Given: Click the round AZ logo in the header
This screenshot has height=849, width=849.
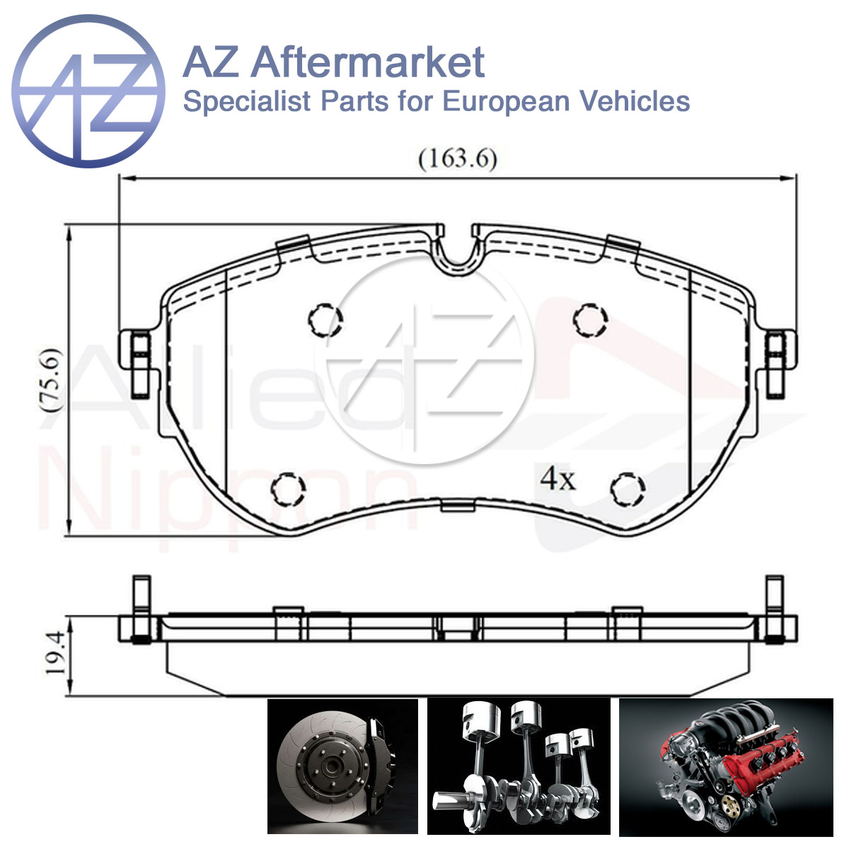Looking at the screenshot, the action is [x=88, y=91].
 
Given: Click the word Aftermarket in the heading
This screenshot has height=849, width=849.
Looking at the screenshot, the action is [x=368, y=62].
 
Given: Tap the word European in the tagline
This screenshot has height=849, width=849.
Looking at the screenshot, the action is [x=507, y=102].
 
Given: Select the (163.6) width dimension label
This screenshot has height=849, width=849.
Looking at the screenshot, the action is [x=457, y=158].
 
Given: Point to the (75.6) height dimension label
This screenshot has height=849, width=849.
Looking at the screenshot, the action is [x=51, y=380].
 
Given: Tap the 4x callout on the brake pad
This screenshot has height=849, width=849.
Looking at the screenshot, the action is [x=558, y=480].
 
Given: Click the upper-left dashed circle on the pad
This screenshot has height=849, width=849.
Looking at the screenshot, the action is [x=325, y=320].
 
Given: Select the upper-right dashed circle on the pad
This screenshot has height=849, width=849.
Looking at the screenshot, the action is [x=590, y=320].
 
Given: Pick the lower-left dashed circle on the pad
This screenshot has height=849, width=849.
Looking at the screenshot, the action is [x=288, y=489].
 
